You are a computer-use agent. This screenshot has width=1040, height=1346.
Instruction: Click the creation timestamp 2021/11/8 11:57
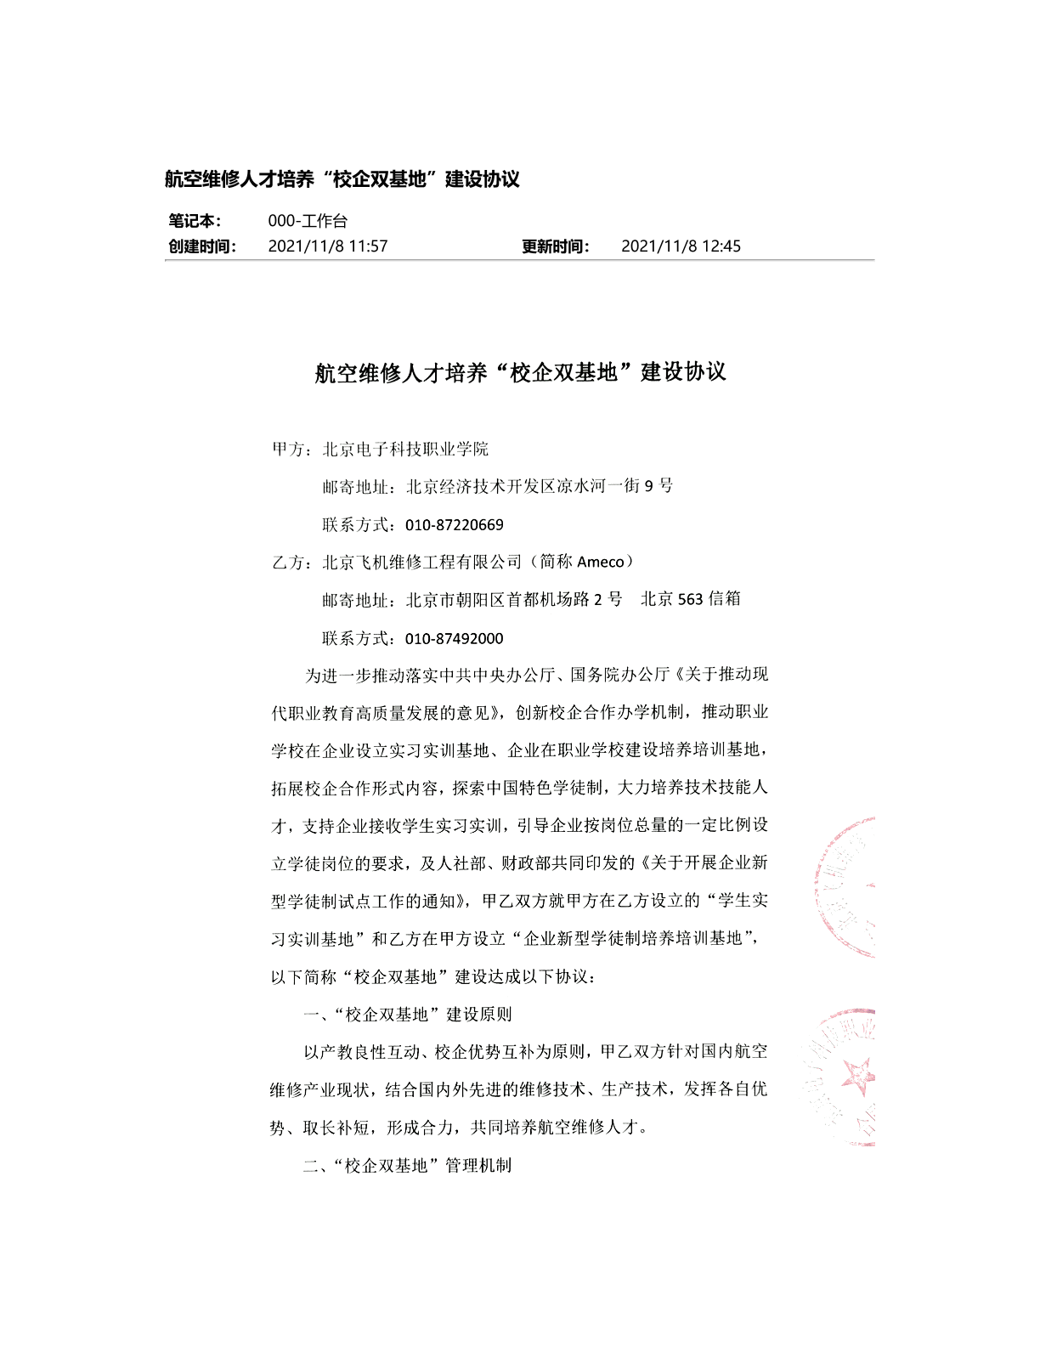point(327,246)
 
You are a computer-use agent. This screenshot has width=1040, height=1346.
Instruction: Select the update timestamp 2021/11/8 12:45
point(681,246)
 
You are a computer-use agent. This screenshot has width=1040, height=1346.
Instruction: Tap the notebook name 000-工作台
point(308,221)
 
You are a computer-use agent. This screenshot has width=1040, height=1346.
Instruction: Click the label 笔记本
point(195,221)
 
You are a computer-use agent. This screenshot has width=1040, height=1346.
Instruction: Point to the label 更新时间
point(555,246)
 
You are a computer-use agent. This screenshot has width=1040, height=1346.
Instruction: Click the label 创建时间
point(201,246)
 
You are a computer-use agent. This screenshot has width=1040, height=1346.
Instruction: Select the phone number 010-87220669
point(455,525)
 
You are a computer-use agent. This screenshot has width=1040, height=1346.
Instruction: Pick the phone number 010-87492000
point(455,638)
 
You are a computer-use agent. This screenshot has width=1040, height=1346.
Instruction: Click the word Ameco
point(601,562)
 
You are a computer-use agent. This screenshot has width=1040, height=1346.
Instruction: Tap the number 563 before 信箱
point(690,599)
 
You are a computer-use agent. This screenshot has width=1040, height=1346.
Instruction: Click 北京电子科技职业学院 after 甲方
point(405,449)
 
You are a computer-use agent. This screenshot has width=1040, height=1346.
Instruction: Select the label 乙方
point(289,563)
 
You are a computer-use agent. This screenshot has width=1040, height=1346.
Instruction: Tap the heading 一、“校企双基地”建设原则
point(408,1015)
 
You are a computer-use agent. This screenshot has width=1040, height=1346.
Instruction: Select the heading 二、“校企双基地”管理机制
point(408,1166)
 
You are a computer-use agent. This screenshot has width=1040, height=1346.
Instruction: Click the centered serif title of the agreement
point(520,372)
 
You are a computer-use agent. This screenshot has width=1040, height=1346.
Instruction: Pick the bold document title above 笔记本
point(342,179)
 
